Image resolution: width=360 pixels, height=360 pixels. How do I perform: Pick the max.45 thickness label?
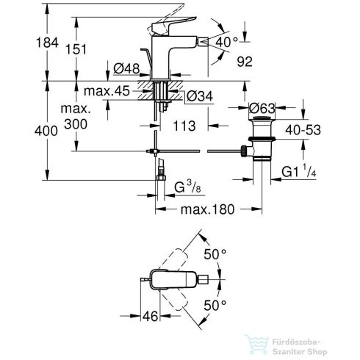coord(107,91)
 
